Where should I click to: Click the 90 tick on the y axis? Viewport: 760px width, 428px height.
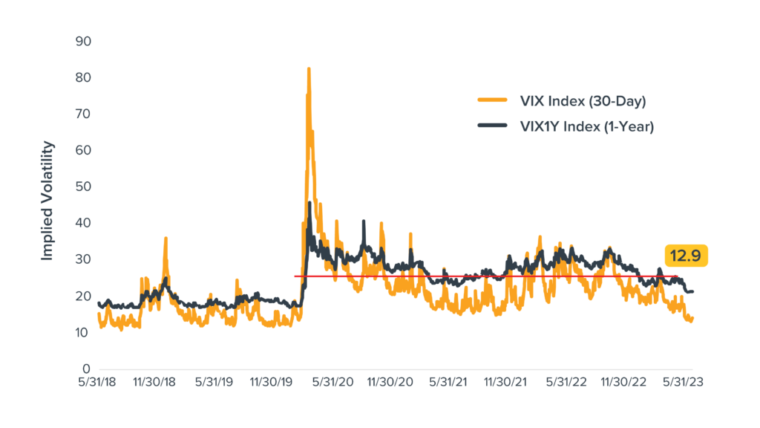tap(83, 41)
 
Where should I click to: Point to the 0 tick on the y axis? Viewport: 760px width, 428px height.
tap(86, 369)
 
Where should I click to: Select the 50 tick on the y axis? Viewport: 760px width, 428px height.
tap(83, 187)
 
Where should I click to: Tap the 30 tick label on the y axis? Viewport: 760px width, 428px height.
tap(83, 259)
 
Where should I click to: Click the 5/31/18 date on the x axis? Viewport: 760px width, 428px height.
tap(97, 383)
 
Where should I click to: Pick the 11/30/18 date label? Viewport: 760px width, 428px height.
tap(155, 383)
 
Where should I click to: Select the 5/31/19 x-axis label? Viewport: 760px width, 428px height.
tap(214, 383)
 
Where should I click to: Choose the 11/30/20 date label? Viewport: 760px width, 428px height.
tap(392, 383)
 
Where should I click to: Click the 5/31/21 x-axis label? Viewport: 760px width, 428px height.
tap(451, 383)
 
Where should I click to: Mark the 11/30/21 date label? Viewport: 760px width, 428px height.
tap(508, 383)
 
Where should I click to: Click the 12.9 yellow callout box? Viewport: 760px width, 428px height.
tap(687, 256)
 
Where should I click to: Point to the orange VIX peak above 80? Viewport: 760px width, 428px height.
tap(308, 69)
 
